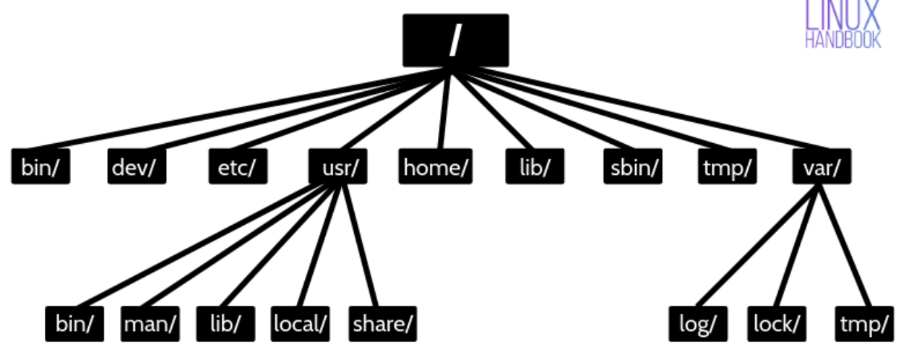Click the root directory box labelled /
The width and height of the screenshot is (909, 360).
coord(455,40)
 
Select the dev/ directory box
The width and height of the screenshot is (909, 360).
coord(137,167)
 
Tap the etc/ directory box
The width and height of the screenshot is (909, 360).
coord(238,167)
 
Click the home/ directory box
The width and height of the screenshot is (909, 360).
coord(436,167)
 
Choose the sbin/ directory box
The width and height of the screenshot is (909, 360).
coord(632,167)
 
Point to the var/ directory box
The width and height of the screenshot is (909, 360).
coord(822,167)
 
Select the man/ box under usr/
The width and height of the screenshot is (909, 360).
coord(150,323)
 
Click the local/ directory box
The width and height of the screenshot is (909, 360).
coord(301,323)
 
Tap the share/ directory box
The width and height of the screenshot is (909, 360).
coord(383,323)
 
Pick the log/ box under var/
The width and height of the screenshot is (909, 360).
coord(698,323)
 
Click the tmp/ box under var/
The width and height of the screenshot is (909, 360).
coord(864,323)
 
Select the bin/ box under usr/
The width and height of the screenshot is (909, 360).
coord(74,323)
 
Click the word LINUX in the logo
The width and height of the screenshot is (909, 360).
coord(843,14)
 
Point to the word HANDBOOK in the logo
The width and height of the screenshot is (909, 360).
coord(843,40)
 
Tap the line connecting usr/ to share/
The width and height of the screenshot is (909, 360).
coord(359,246)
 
